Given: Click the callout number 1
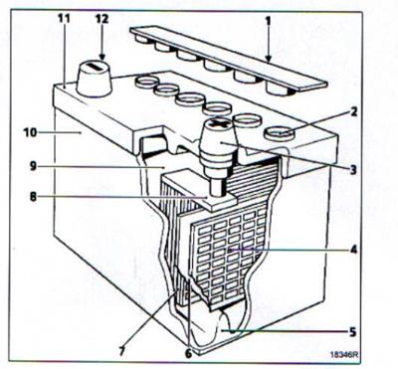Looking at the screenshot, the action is (268, 21).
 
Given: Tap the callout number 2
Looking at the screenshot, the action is (353, 112).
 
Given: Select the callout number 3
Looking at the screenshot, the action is (353, 170).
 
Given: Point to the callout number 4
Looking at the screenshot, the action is (353, 250).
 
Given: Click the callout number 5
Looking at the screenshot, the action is (352, 331).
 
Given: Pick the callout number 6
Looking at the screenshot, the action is (188, 354).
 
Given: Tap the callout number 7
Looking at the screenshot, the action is (122, 352).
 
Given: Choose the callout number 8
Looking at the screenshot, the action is (33, 197).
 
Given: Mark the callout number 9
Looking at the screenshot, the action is (33, 166).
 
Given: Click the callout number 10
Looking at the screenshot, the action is (30, 132).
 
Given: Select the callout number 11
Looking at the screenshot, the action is (64, 19).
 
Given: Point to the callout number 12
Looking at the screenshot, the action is (101, 19).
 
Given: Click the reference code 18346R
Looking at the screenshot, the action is (344, 354).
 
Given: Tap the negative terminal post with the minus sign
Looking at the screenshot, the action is (95, 79).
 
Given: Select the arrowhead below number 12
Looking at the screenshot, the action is (101, 57).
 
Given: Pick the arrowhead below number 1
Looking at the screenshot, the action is (269, 59).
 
